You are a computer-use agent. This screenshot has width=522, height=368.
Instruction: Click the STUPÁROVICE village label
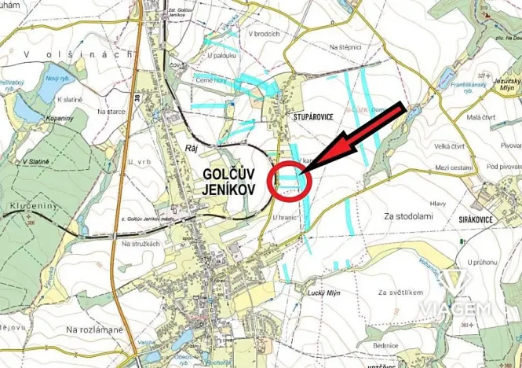click(x=314, y=115)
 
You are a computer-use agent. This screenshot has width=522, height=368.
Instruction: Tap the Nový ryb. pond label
click(x=57, y=79)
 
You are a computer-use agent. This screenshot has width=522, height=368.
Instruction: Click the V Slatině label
click(x=36, y=161)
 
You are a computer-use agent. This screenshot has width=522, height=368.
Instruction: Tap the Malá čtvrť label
click(x=479, y=117)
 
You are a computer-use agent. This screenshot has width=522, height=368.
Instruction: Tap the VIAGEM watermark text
click(x=454, y=307)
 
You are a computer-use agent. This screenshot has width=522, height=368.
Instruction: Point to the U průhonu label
click(x=484, y=262)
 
